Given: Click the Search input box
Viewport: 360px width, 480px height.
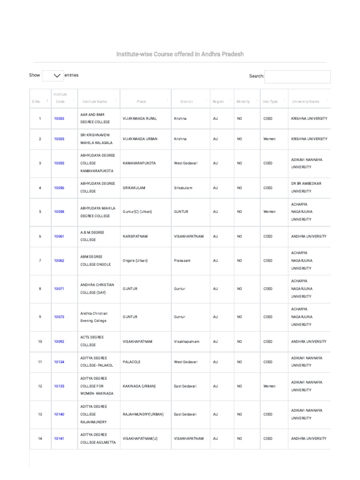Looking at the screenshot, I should click(297, 76).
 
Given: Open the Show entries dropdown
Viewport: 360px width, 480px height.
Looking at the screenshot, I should click(53, 75).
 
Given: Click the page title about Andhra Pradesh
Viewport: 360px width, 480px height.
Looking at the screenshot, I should click(180, 54).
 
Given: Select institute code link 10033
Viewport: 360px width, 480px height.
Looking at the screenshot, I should click(59, 119).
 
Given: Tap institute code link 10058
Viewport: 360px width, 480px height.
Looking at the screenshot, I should click(59, 212).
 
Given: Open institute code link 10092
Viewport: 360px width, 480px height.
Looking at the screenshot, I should click(59, 342).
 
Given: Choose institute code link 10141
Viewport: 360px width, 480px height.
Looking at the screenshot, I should click(59, 439).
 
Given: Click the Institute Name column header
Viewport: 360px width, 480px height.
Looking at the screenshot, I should click(95, 102).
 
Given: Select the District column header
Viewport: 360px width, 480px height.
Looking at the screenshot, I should click(187, 102).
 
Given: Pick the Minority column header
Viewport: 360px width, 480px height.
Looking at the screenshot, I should click(243, 102).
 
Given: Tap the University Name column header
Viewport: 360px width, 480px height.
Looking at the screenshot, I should click(306, 102).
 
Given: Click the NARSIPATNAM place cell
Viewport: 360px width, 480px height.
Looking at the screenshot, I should click(135, 237).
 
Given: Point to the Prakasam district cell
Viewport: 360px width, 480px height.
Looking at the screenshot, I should click(181, 261).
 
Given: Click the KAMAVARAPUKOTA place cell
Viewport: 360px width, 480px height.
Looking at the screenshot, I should click(139, 163).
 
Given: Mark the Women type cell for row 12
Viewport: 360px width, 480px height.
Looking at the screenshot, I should click(270, 386).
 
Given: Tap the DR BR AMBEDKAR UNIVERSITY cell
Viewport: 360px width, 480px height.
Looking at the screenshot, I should click(307, 187).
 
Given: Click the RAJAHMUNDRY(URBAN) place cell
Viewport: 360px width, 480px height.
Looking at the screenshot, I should click(143, 414).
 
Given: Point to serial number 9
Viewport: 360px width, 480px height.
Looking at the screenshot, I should click(40, 317).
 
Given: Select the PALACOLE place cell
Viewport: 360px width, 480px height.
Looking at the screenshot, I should click(132, 362).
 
